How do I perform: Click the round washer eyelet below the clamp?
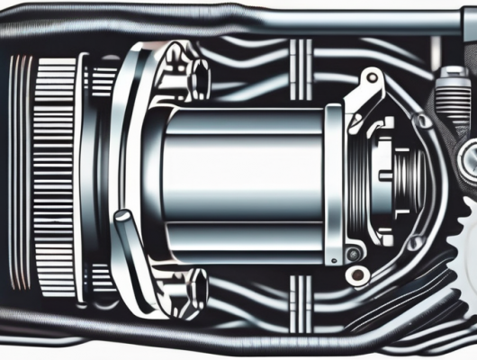coord(355,253)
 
